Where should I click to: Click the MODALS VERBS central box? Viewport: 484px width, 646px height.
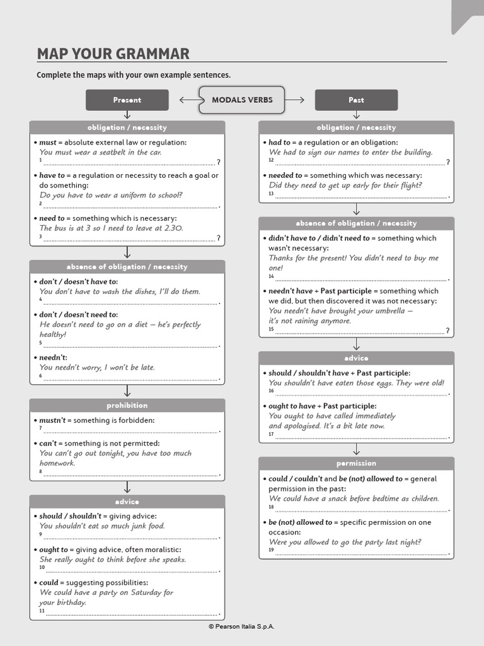242,100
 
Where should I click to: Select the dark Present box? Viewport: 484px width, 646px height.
127,100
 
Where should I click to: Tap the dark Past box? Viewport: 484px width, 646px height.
356,100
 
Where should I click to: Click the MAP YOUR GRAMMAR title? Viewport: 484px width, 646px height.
113,54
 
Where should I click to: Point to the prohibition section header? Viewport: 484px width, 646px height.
127,405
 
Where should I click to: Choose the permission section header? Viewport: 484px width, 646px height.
356,463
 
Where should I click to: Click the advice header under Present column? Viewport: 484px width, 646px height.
127,502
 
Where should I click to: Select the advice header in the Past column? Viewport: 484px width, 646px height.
356,358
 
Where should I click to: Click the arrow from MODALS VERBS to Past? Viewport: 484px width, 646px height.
299,100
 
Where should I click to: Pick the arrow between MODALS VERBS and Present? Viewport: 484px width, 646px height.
188,100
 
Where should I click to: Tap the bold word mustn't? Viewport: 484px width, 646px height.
52,420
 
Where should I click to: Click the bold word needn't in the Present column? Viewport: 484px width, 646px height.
53,357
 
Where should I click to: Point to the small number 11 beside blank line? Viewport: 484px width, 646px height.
42,611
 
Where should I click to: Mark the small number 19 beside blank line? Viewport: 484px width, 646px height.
271,550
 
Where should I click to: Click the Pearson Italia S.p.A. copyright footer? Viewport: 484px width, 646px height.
242,626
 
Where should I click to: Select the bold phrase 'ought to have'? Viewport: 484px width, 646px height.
292,406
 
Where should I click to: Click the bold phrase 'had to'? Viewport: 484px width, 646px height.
280,143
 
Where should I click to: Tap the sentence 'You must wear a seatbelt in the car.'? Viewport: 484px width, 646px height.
101,152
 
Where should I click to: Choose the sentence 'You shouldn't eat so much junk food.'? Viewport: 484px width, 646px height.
102,526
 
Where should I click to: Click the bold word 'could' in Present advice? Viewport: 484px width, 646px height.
49,582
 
